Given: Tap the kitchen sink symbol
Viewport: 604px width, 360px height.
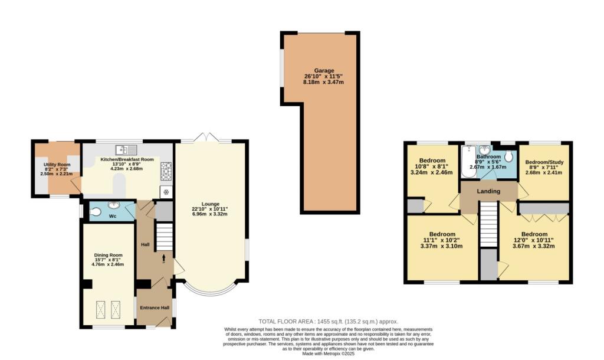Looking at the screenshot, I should (x=127, y=149).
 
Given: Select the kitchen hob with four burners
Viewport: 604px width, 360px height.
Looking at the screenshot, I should (x=166, y=172).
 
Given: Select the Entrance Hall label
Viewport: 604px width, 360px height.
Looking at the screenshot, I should (x=154, y=307).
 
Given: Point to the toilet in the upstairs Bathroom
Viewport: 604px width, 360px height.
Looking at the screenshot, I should (x=509, y=156).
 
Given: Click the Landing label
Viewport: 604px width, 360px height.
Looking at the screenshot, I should (x=489, y=191).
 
